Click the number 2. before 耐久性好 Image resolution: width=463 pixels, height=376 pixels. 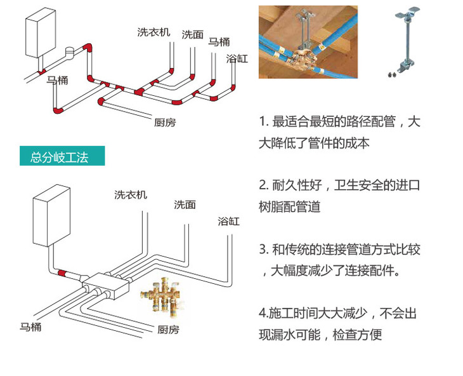[264, 186]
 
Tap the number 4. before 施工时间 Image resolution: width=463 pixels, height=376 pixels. [263, 314]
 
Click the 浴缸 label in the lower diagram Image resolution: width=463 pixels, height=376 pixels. [228, 221]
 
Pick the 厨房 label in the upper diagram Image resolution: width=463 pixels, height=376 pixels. [166, 122]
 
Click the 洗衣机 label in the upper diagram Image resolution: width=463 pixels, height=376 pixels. [153, 32]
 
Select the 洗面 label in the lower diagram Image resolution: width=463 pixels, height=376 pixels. [185, 205]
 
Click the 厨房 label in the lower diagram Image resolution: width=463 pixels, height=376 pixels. [169, 330]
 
